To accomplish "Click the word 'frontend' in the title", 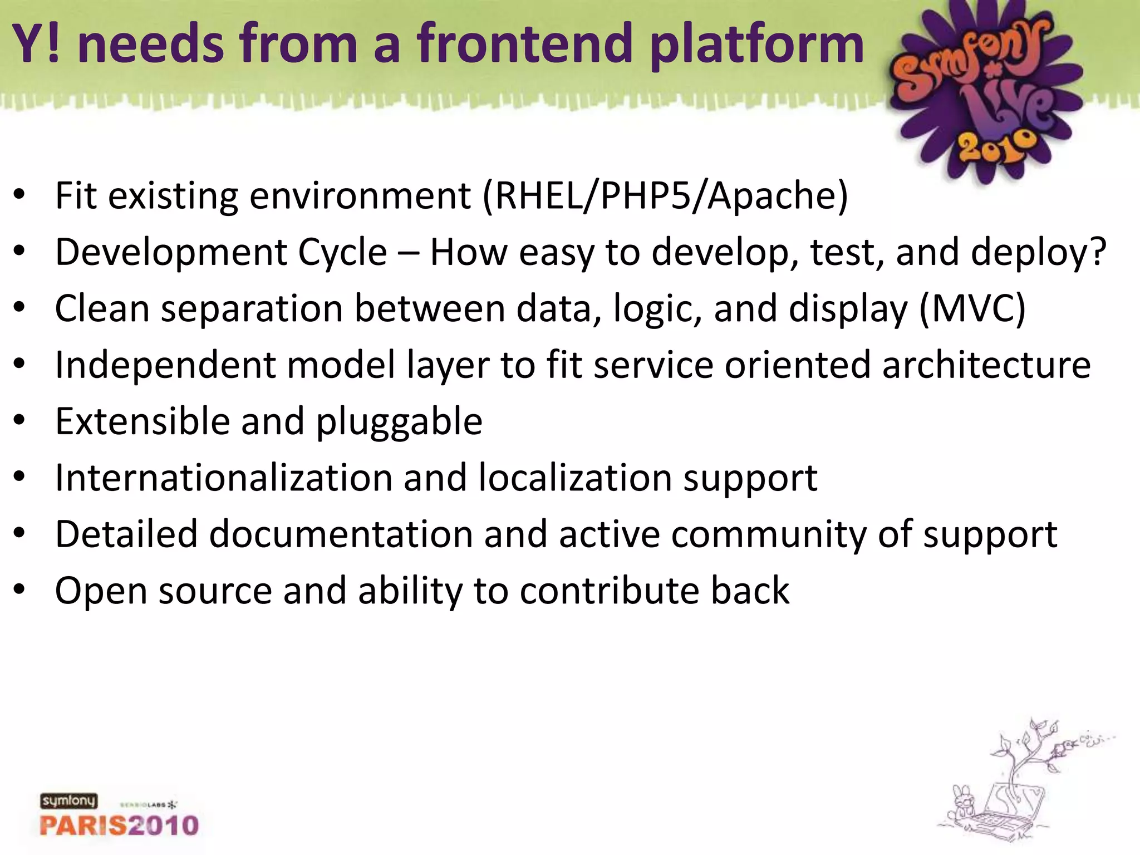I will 525,45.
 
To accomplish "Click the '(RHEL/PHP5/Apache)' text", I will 665,196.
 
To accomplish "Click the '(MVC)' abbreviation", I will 972,308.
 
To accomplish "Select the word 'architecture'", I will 986,365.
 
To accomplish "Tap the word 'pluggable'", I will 399,422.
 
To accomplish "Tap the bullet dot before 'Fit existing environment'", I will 19,196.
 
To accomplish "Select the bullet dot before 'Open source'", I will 19,590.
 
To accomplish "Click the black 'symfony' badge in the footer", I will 68,801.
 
